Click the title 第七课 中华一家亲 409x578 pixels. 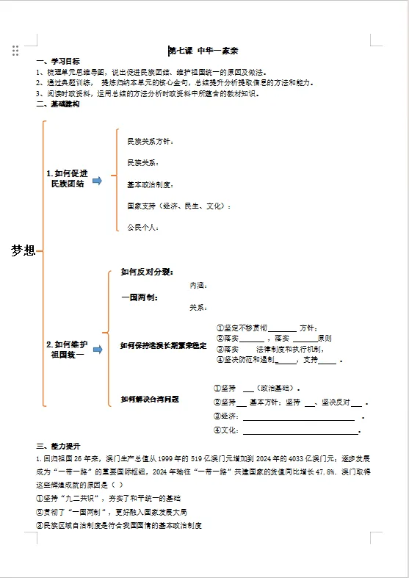click(x=206, y=51)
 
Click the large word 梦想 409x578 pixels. click(x=23, y=250)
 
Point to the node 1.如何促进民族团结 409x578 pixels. click(x=67, y=178)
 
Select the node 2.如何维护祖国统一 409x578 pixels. click(x=67, y=349)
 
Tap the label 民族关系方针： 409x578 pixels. click(x=151, y=140)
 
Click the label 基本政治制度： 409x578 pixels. click(x=151, y=184)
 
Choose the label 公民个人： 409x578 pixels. click(x=143, y=228)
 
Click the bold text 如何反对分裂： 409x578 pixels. click(x=147, y=272)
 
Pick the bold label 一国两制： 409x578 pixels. click(x=140, y=297)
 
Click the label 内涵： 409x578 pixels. click(x=198, y=285)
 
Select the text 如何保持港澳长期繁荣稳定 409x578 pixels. click(x=163, y=345)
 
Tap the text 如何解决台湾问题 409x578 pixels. click(x=150, y=399)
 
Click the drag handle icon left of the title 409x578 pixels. click(x=15, y=50)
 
